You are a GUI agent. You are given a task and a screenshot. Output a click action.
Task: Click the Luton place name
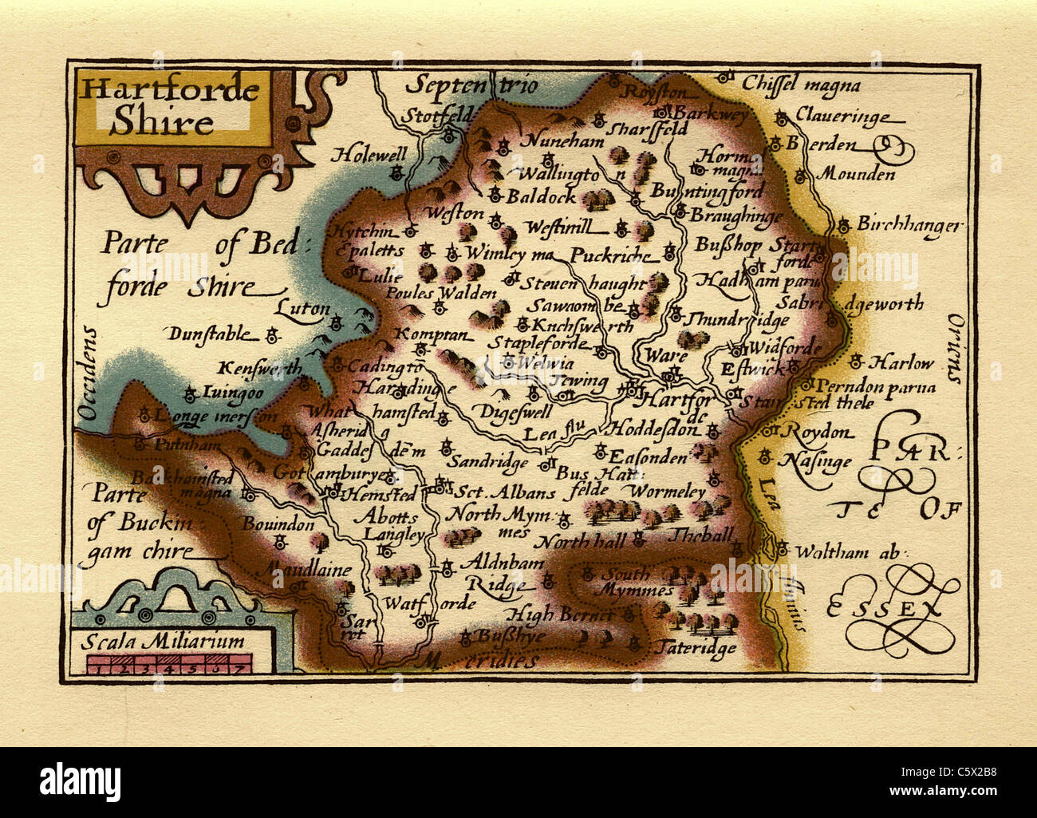click(x=303, y=308)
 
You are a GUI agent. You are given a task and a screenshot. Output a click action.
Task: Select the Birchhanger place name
click(x=908, y=225)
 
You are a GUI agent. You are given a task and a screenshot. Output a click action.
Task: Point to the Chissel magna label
click(x=801, y=84)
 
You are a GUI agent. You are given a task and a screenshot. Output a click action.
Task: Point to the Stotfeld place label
click(x=436, y=116)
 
